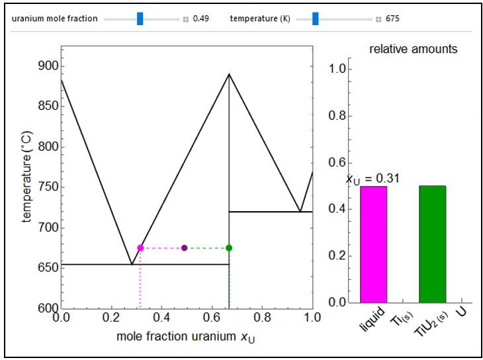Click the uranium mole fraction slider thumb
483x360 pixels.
coord(140,19)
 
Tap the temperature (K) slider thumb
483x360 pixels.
coord(316,19)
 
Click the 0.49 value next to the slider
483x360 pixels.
coord(201,19)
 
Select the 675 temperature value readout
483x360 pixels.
coord(392,19)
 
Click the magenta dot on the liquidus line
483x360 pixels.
coord(140,247)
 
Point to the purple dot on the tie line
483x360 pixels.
coord(184,247)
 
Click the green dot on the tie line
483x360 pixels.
coord(229,247)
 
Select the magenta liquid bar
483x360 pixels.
coord(373,244)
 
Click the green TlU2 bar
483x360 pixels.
coord(433,244)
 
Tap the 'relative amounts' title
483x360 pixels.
coord(413,49)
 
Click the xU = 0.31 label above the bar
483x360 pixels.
coord(373,178)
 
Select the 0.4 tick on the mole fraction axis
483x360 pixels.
coord(161,317)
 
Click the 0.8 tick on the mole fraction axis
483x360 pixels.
coord(262,317)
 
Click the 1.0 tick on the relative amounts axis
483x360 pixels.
coord(337,68)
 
